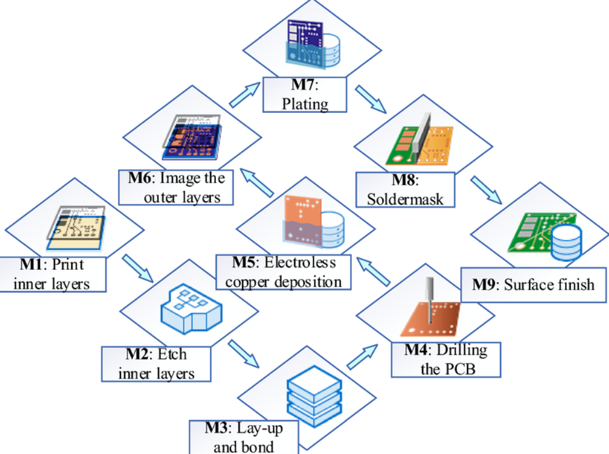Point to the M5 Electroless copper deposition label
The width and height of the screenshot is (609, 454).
[284, 272]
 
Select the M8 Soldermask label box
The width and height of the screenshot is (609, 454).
[405, 190]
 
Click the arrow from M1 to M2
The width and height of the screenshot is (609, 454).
[138, 268]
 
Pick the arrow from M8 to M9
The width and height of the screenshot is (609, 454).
[485, 191]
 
